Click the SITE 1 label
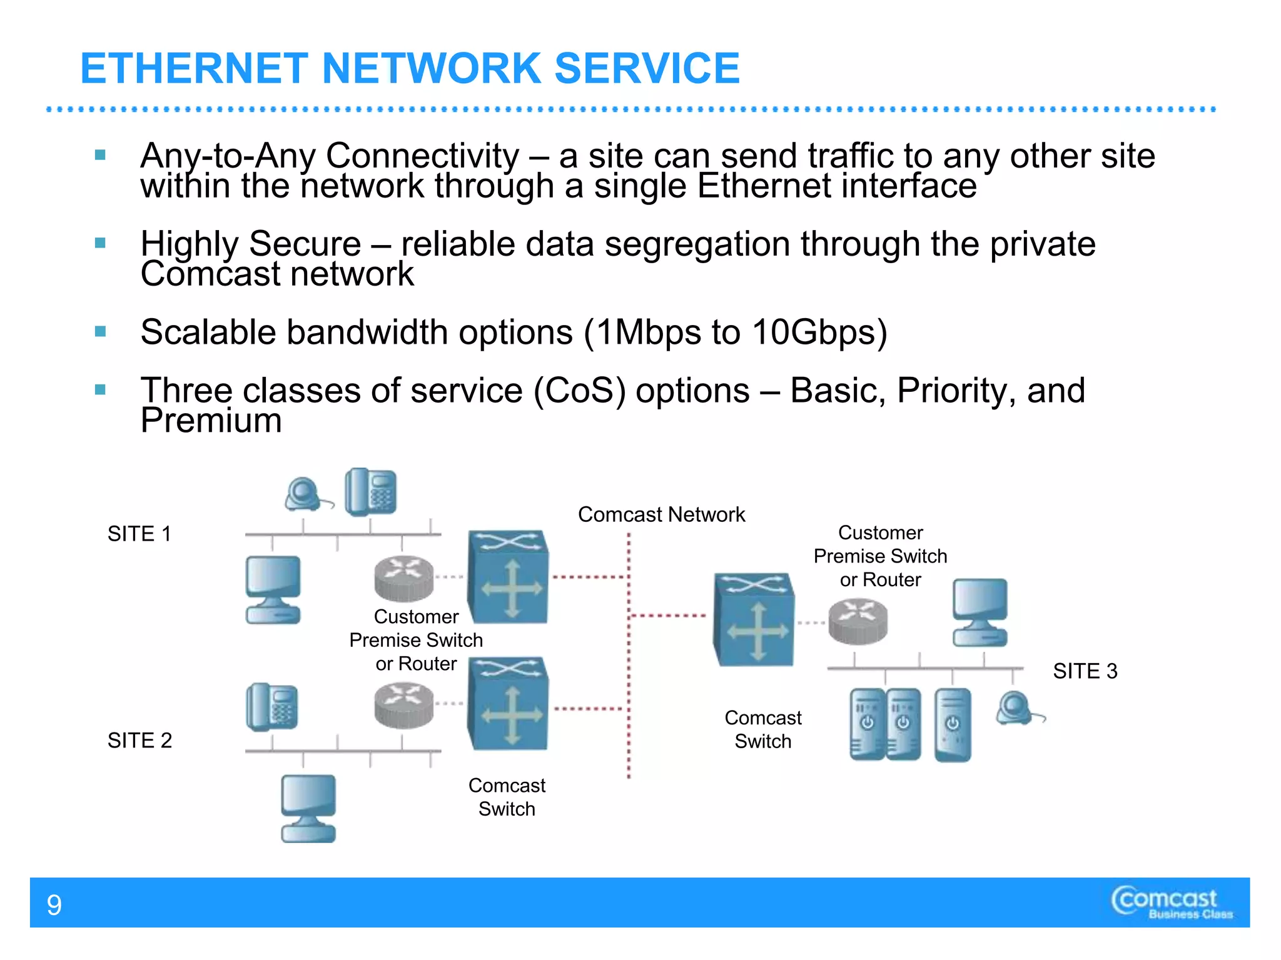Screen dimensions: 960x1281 tap(139, 534)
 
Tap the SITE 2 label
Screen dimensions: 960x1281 tap(139, 740)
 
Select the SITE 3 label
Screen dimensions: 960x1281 tap(1085, 671)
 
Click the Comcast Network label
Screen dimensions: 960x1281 tap(661, 514)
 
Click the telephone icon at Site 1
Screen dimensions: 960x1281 tap(371, 492)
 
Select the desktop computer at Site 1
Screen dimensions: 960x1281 tap(273, 589)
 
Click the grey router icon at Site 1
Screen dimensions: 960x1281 tap(404, 578)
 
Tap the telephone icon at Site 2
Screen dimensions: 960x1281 tap(272, 707)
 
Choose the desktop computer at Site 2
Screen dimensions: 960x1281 tap(308, 808)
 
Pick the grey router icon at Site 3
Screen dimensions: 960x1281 tap(858, 621)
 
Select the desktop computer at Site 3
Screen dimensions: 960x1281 tap(980, 612)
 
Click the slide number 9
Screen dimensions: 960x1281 tap(54, 905)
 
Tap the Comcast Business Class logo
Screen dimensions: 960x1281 tap(1171, 903)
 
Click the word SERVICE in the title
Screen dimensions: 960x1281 tap(647, 68)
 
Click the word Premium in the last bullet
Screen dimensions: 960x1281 tap(211, 420)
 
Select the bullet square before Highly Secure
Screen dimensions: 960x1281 tap(100, 243)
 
